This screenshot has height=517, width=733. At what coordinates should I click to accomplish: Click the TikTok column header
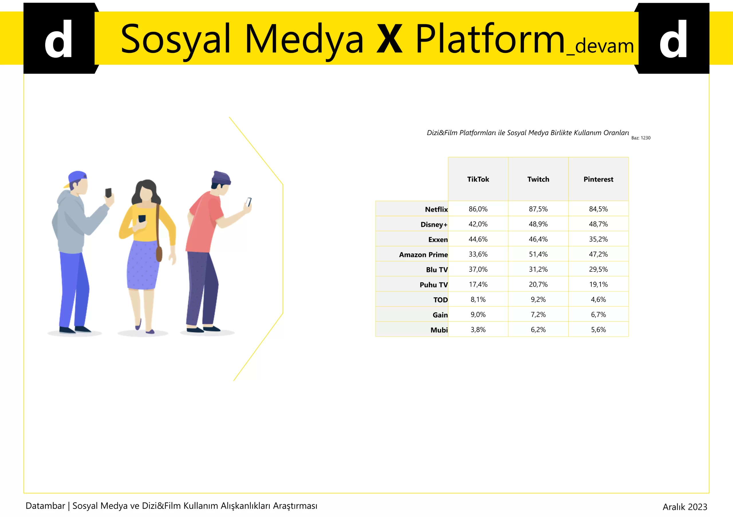point(478,179)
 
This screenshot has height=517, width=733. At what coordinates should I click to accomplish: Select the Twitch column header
point(538,179)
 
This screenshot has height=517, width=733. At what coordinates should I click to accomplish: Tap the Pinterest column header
point(598,179)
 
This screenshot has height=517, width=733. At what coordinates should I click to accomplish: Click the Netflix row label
point(436,209)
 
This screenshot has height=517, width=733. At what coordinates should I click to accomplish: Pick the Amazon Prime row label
point(423,255)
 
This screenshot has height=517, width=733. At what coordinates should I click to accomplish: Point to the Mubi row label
point(439,330)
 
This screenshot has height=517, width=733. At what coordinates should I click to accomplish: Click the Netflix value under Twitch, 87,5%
point(538,209)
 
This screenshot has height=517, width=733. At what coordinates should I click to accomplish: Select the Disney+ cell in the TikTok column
point(478,224)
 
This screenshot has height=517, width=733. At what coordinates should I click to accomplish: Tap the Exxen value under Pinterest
point(598,239)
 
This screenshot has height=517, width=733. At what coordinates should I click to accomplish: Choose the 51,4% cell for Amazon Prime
point(538,254)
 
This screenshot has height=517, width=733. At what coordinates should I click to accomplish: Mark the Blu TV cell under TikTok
point(478,269)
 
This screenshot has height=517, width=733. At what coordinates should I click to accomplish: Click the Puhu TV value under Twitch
point(538,284)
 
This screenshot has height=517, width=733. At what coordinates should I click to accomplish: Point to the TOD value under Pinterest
point(598,300)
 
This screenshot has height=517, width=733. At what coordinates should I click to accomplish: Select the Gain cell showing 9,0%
point(478,314)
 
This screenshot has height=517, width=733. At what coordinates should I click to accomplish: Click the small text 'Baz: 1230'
point(641,138)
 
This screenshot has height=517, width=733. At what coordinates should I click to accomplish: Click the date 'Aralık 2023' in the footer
point(685,507)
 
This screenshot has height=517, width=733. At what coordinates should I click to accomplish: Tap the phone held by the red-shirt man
point(248,202)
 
